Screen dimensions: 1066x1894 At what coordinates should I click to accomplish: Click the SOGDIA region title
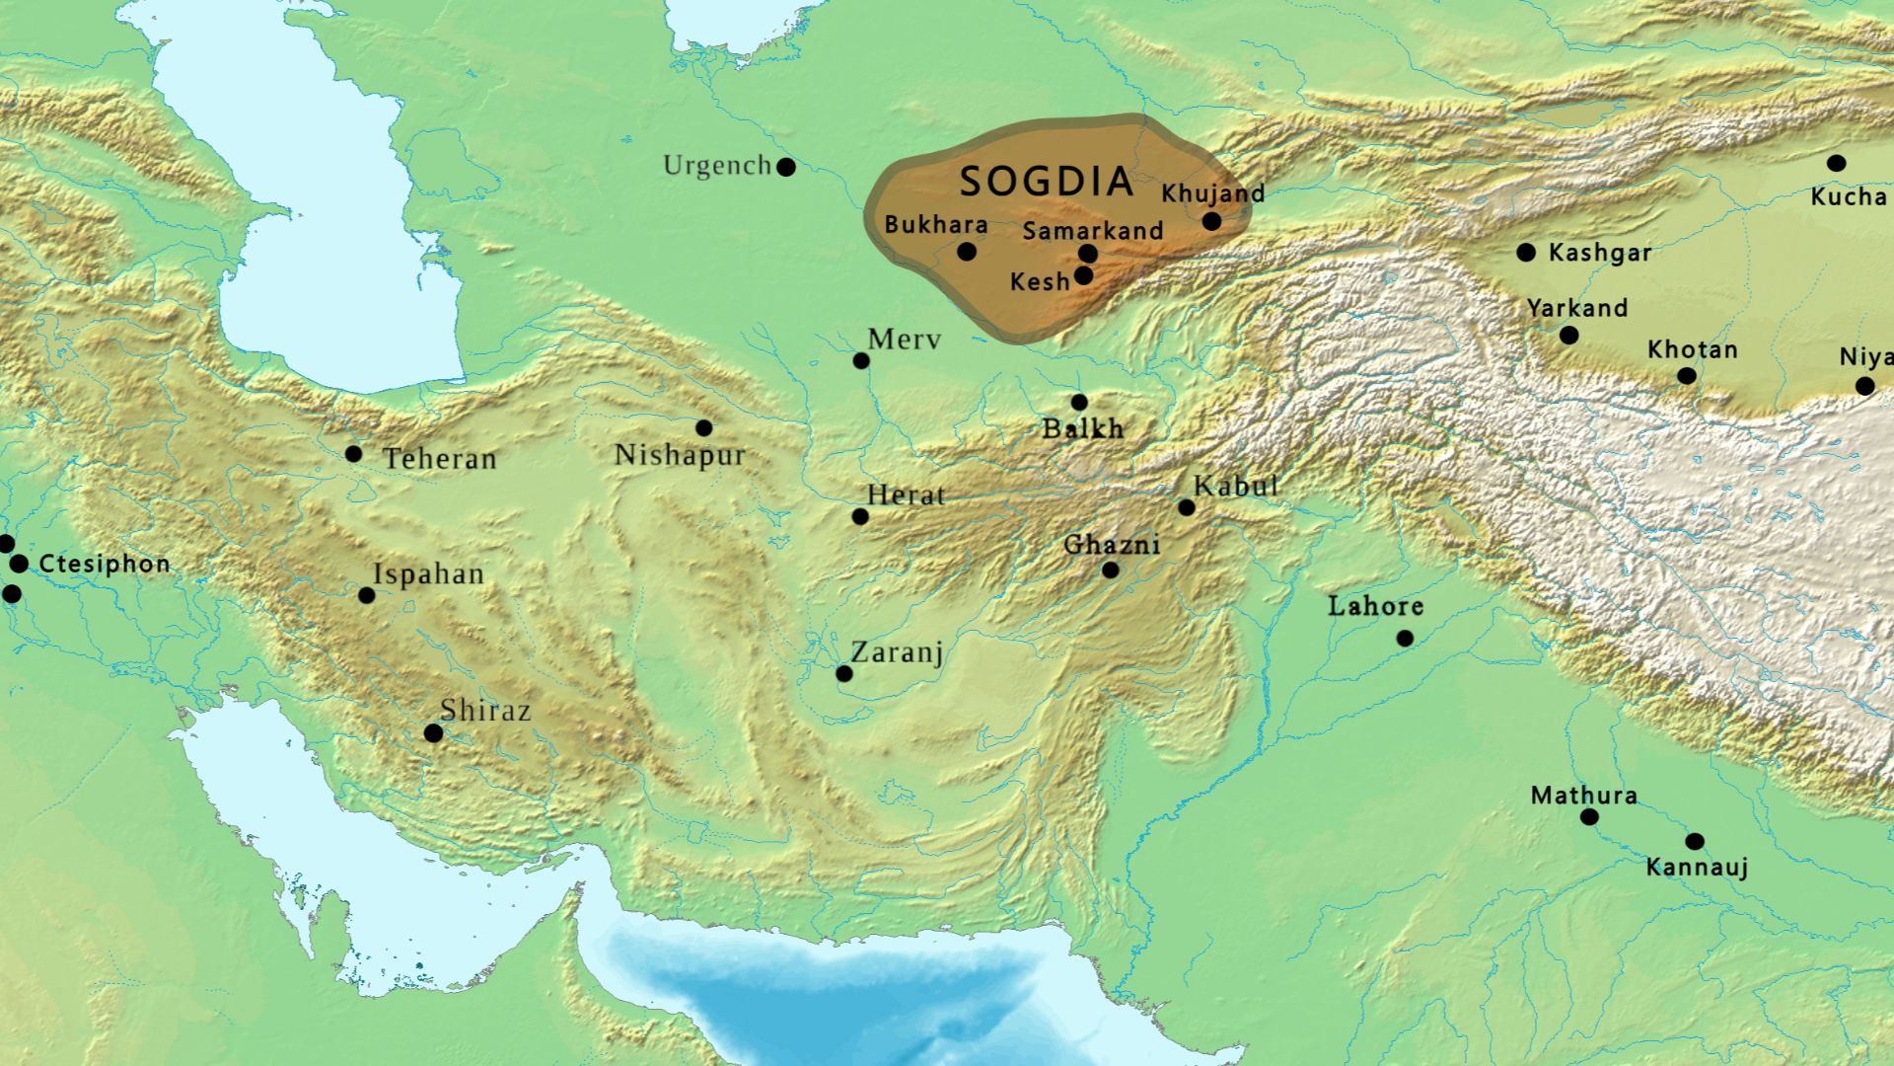click(1047, 182)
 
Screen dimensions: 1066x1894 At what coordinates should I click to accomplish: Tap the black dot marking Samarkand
click(1088, 254)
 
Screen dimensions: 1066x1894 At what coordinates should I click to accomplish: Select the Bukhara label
click(935, 224)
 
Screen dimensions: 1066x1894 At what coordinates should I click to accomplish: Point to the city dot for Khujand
click(1211, 221)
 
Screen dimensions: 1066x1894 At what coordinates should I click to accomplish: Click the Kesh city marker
click(1083, 275)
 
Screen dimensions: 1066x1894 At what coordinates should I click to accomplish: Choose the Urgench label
click(716, 165)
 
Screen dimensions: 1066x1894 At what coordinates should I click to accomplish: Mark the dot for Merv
click(861, 361)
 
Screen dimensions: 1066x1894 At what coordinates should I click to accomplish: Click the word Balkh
click(1083, 428)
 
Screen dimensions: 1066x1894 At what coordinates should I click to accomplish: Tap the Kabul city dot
click(1187, 507)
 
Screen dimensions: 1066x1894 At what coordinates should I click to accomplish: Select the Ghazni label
click(1111, 545)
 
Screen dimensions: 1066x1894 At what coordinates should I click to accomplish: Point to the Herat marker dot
click(860, 516)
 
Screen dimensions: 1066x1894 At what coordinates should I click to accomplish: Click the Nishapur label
click(679, 455)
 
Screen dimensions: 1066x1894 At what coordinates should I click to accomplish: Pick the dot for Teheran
click(353, 454)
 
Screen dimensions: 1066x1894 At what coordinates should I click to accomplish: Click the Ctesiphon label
click(105, 564)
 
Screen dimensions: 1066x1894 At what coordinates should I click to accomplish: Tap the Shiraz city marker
click(433, 732)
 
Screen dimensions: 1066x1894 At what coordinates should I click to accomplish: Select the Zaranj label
click(897, 651)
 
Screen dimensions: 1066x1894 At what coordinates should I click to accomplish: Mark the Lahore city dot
click(1405, 639)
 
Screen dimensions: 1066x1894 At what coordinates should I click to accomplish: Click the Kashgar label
click(1599, 253)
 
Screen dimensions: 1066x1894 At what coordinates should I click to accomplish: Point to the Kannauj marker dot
click(1694, 842)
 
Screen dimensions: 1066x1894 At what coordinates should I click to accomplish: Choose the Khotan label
click(1692, 349)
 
